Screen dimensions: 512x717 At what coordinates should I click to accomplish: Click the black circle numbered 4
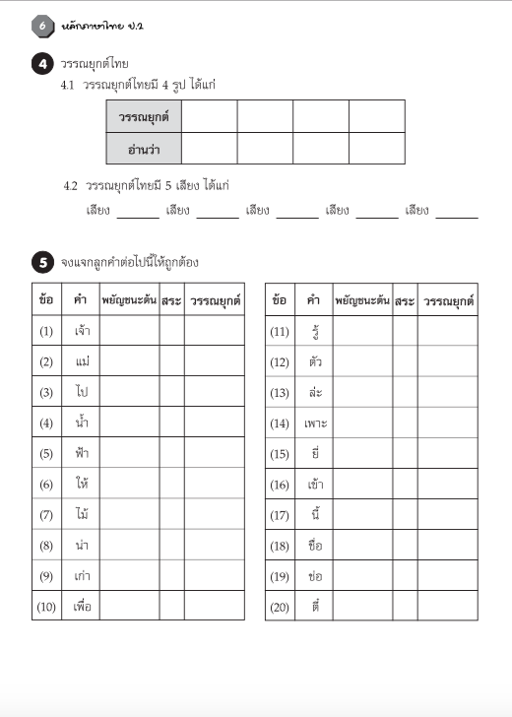43,65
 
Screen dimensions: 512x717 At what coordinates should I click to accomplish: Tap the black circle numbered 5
43,262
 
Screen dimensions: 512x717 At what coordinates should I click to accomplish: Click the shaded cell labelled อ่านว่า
144,149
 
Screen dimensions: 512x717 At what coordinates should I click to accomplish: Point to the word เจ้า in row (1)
83,331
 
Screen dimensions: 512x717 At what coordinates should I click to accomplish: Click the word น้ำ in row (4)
83,423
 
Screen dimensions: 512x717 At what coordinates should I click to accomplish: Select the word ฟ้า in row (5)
83,453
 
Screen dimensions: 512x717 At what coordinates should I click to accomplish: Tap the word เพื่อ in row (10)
83,606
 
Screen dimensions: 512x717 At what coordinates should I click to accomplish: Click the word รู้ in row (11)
315,331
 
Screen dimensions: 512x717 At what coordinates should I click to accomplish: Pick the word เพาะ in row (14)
315,424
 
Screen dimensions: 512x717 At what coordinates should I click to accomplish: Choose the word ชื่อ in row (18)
315,546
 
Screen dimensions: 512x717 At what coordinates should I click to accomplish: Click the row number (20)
279,607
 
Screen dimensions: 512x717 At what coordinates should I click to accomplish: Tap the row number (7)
46,515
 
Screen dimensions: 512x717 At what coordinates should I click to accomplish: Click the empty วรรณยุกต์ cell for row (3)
214,392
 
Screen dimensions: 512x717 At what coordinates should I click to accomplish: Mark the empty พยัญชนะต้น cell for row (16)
362,485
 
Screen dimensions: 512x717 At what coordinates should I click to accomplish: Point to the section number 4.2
70,185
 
